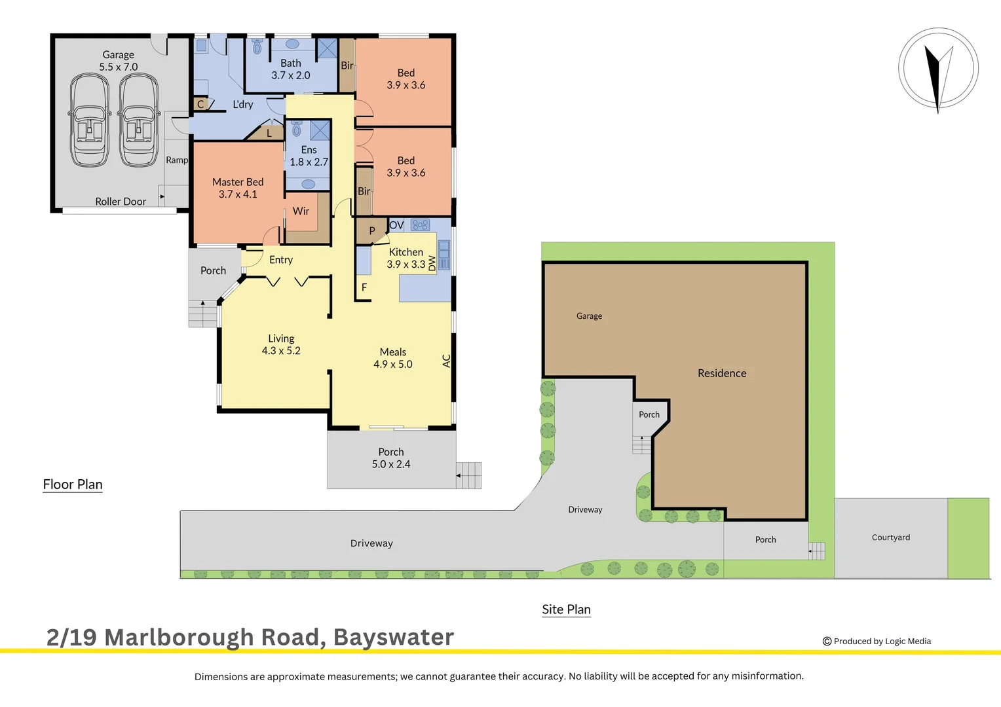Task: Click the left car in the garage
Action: (x=90, y=120)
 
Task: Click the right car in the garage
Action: (x=139, y=120)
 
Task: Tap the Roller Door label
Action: (x=121, y=202)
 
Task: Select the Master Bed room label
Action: (x=238, y=188)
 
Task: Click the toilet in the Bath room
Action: (x=257, y=46)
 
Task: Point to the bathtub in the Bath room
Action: (x=292, y=44)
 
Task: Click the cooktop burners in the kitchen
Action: (x=420, y=225)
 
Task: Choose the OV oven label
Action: (x=396, y=225)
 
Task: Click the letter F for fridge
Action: (x=364, y=287)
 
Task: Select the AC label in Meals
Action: (x=447, y=361)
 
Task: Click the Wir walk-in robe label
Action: (x=301, y=211)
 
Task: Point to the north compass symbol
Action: (x=938, y=68)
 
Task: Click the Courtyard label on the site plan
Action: (x=890, y=537)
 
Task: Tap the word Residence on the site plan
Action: (x=722, y=373)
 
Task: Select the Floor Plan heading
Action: (x=73, y=484)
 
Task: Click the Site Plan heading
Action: (x=566, y=609)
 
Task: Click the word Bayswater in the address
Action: (x=394, y=637)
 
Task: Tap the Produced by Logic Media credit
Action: (x=877, y=642)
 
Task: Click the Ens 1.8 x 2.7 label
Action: (x=309, y=156)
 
